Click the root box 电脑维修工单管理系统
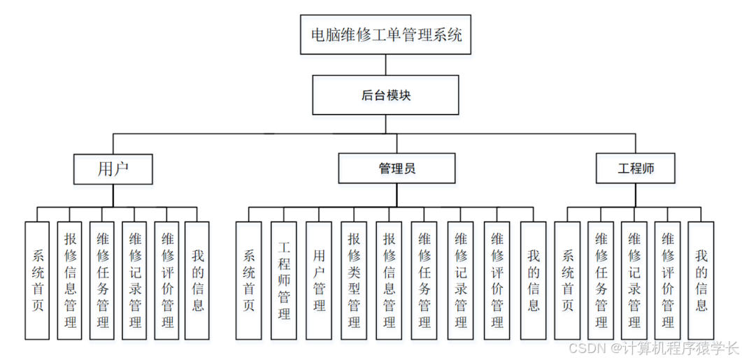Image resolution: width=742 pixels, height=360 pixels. [385, 34]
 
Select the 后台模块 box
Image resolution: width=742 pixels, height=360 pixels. [385, 95]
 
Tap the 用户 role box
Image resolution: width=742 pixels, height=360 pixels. [113, 168]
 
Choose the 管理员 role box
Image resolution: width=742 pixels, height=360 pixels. [397, 168]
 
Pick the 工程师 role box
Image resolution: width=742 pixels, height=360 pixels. [636, 168]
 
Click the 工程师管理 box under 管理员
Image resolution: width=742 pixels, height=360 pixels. [284, 280]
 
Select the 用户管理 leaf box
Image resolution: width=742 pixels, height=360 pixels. [319, 280]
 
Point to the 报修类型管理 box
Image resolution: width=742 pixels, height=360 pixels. [354, 280]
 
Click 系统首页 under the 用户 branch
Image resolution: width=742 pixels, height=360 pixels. [37, 280]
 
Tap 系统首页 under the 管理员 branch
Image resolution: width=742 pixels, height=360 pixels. [248, 280]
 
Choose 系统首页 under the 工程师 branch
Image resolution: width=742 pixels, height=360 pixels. [567, 280]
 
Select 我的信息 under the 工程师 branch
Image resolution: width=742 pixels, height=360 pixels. [701, 280]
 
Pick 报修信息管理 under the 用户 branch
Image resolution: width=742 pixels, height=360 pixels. [69, 280]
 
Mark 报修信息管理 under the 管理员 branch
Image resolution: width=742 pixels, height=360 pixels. [389, 280]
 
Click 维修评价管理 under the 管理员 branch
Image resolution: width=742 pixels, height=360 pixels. [497, 280]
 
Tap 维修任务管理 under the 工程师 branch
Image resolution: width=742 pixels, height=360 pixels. [601, 280]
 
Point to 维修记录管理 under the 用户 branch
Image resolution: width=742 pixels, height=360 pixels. [134, 280]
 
